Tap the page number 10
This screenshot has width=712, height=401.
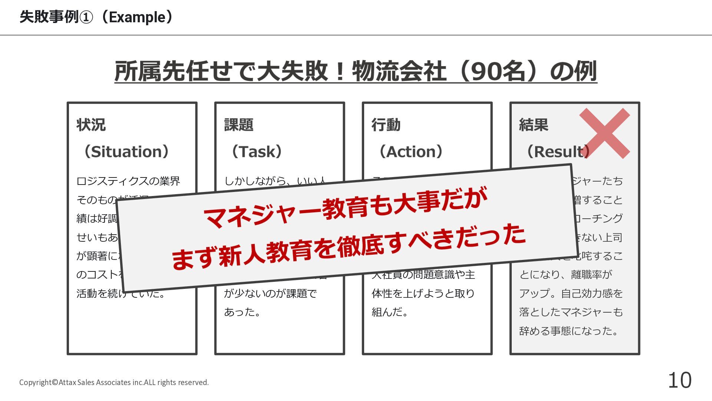click(680, 380)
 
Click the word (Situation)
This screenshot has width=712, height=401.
click(126, 151)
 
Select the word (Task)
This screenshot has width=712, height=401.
click(257, 151)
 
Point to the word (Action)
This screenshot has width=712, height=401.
click(411, 151)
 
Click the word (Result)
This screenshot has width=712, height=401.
click(558, 151)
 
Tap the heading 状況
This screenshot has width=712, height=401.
click(91, 125)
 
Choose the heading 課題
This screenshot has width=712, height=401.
click(239, 125)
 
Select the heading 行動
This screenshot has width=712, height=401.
click(386, 125)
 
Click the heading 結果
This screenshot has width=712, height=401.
click(534, 125)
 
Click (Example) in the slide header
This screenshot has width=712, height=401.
click(137, 17)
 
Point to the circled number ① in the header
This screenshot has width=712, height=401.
click(86, 17)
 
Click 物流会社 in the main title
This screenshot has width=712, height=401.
click(399, 71)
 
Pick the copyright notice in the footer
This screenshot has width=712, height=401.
click(114, 382)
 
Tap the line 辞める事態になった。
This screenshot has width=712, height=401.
click(569, 330)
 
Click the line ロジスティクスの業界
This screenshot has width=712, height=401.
click(128, 181)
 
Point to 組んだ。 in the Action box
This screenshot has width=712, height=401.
click(390, 312)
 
